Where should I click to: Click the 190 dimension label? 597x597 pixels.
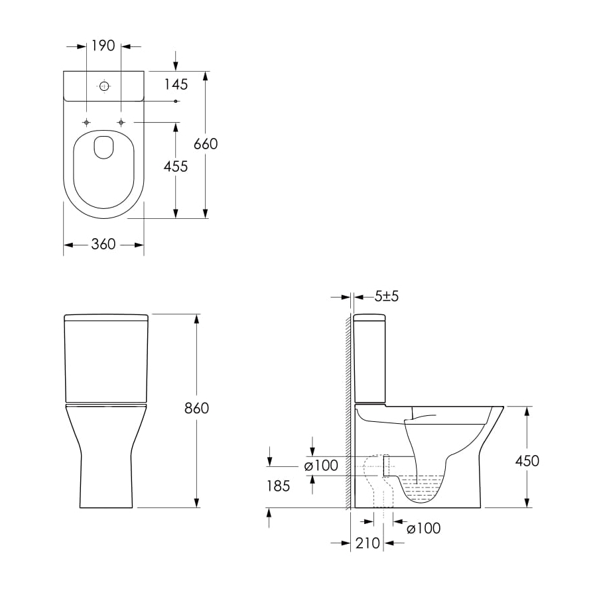[103, 46]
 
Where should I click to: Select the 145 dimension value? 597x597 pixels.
[176, 84]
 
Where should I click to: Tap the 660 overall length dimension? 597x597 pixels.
[206, 144]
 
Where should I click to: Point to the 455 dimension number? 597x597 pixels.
[176, 166]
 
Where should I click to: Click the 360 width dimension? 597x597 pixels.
[103, 244]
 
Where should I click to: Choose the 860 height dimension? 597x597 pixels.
[196, 408]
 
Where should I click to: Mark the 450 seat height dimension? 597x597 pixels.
[527, 461]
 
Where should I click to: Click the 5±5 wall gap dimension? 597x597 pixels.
[387, 297]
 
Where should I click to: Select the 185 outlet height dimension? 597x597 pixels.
[279, 486]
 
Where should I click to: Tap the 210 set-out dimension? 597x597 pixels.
[367, 543]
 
